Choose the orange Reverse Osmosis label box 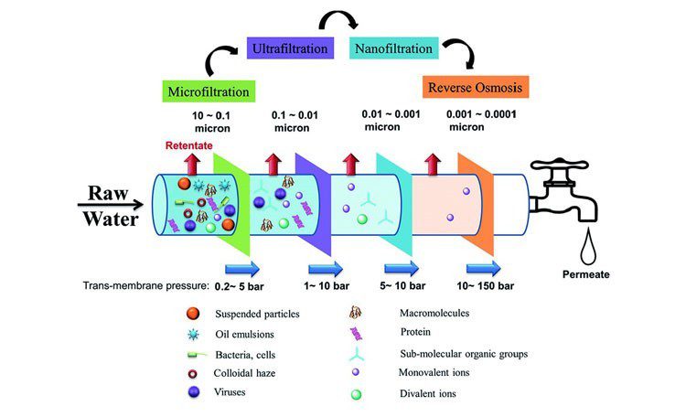click(x=477, y=88)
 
